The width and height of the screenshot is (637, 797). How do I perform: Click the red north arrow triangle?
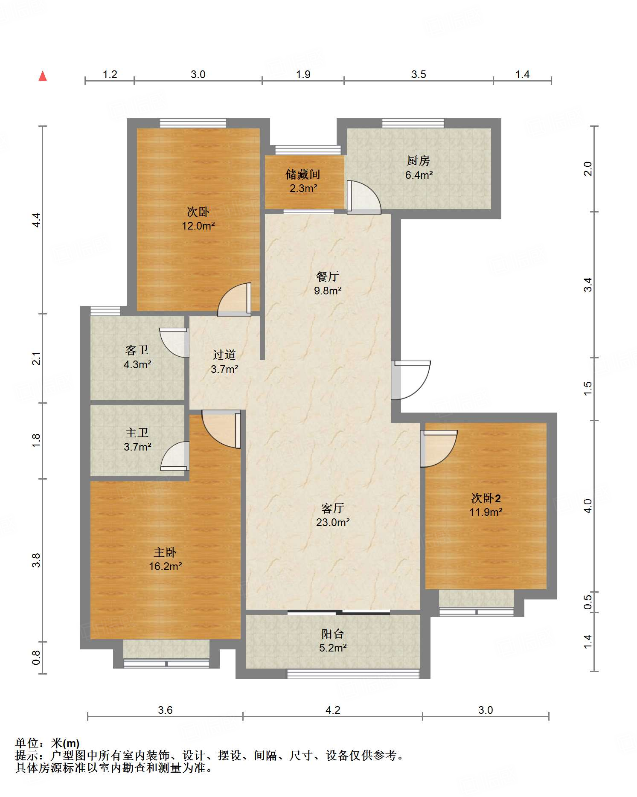click(43, 76)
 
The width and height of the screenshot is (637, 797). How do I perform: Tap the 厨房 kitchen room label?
click(418, 161)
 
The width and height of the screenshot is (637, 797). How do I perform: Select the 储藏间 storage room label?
click(303, 174)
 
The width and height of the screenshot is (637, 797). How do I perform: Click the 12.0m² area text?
click(198, 226)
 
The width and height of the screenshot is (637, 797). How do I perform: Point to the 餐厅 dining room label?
click(328, 276)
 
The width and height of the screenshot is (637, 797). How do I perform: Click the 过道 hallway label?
click(224, 355)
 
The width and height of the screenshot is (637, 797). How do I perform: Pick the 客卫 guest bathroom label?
click(137, 350)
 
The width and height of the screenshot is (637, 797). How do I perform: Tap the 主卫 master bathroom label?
click(137, 433)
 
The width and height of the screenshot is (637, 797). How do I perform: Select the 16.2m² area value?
click(166, 566)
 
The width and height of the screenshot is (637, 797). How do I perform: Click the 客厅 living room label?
click(333, 508)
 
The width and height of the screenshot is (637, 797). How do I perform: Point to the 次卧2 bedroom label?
click(486, 498)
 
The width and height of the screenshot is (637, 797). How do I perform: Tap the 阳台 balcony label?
click(333, 634)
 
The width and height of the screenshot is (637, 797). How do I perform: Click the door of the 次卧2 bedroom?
click(439, 448)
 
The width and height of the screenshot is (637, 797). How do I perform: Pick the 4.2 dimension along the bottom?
click(333, 710)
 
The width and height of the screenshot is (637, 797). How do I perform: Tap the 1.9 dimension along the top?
click(303, 74)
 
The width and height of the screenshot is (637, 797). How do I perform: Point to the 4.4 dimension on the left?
click(36, 220)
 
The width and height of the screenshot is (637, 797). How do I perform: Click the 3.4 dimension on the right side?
click(588, 285)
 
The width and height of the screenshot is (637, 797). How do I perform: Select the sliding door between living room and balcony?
click(339, 613)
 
